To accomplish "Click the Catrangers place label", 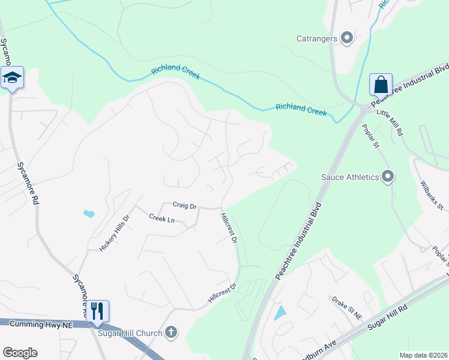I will (318, 39).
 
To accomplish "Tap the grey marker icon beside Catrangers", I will (346, 38).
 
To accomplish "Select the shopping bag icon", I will (381, 85).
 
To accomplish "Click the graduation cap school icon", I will (12, 77).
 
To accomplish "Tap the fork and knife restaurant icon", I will (97, 311).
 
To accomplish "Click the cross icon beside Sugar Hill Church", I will (171, 332).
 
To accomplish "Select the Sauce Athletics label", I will (350, 177).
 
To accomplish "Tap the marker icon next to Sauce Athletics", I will (388, 176).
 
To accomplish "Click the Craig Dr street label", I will (185, 206).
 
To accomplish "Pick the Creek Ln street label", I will (161, 220).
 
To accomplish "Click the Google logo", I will (20, 352).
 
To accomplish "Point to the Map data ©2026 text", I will (423, 355).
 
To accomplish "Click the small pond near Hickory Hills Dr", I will (89, 213).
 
